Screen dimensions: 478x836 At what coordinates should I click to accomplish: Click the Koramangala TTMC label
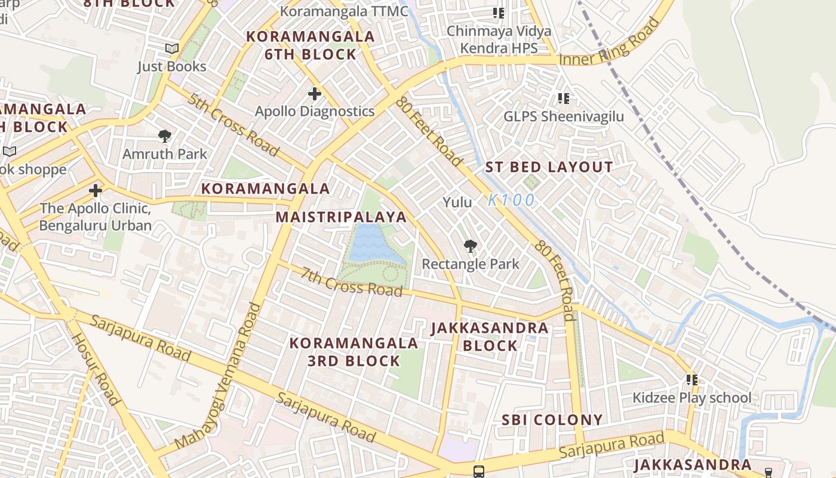344,11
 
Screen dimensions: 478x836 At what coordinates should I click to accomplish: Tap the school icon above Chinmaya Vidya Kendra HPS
499,13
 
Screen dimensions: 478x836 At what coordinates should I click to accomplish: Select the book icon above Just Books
172,49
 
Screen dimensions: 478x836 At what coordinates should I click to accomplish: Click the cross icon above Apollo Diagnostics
315,94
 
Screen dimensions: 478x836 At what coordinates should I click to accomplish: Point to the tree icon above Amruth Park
165,136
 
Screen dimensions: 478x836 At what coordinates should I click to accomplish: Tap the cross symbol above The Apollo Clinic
96,191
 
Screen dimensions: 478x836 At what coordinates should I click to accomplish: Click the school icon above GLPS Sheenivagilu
563,98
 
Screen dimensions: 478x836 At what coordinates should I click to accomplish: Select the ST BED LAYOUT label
549,167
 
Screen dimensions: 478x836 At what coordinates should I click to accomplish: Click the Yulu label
457,203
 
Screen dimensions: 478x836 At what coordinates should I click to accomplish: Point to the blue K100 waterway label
511,201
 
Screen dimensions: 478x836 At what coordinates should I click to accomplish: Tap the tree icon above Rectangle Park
471,246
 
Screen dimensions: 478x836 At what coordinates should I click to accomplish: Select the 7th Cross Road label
351,281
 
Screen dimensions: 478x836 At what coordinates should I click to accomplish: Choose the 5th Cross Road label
233,124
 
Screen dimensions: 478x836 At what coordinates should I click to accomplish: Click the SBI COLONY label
552,420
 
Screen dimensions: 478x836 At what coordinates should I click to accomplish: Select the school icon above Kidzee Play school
692,379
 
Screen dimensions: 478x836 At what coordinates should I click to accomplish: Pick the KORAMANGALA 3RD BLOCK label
354,352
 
